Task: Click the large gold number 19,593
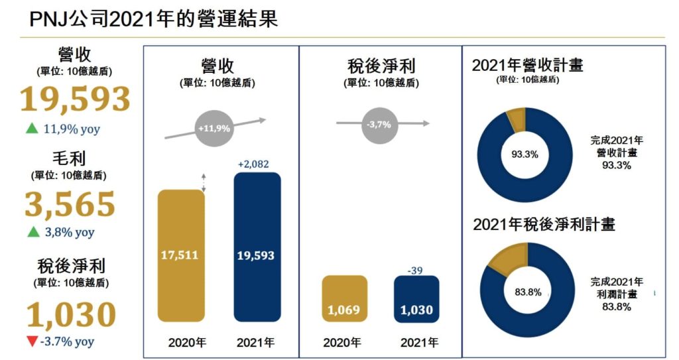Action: point(74,99)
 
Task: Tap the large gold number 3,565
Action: point(70,205)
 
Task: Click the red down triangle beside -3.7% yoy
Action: point(31,342)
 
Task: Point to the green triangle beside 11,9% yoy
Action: point(31,129)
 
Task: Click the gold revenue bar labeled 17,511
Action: point(180,255)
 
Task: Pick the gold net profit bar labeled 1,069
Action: point(344,298)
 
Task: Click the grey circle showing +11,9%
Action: point(214,125)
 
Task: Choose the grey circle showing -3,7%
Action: point(380,124)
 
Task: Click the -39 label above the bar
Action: point(416,269)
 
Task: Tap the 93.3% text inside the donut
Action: point(525,154)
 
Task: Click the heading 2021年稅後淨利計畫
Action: point(544,225)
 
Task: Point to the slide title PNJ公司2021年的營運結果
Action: point(154,19)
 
